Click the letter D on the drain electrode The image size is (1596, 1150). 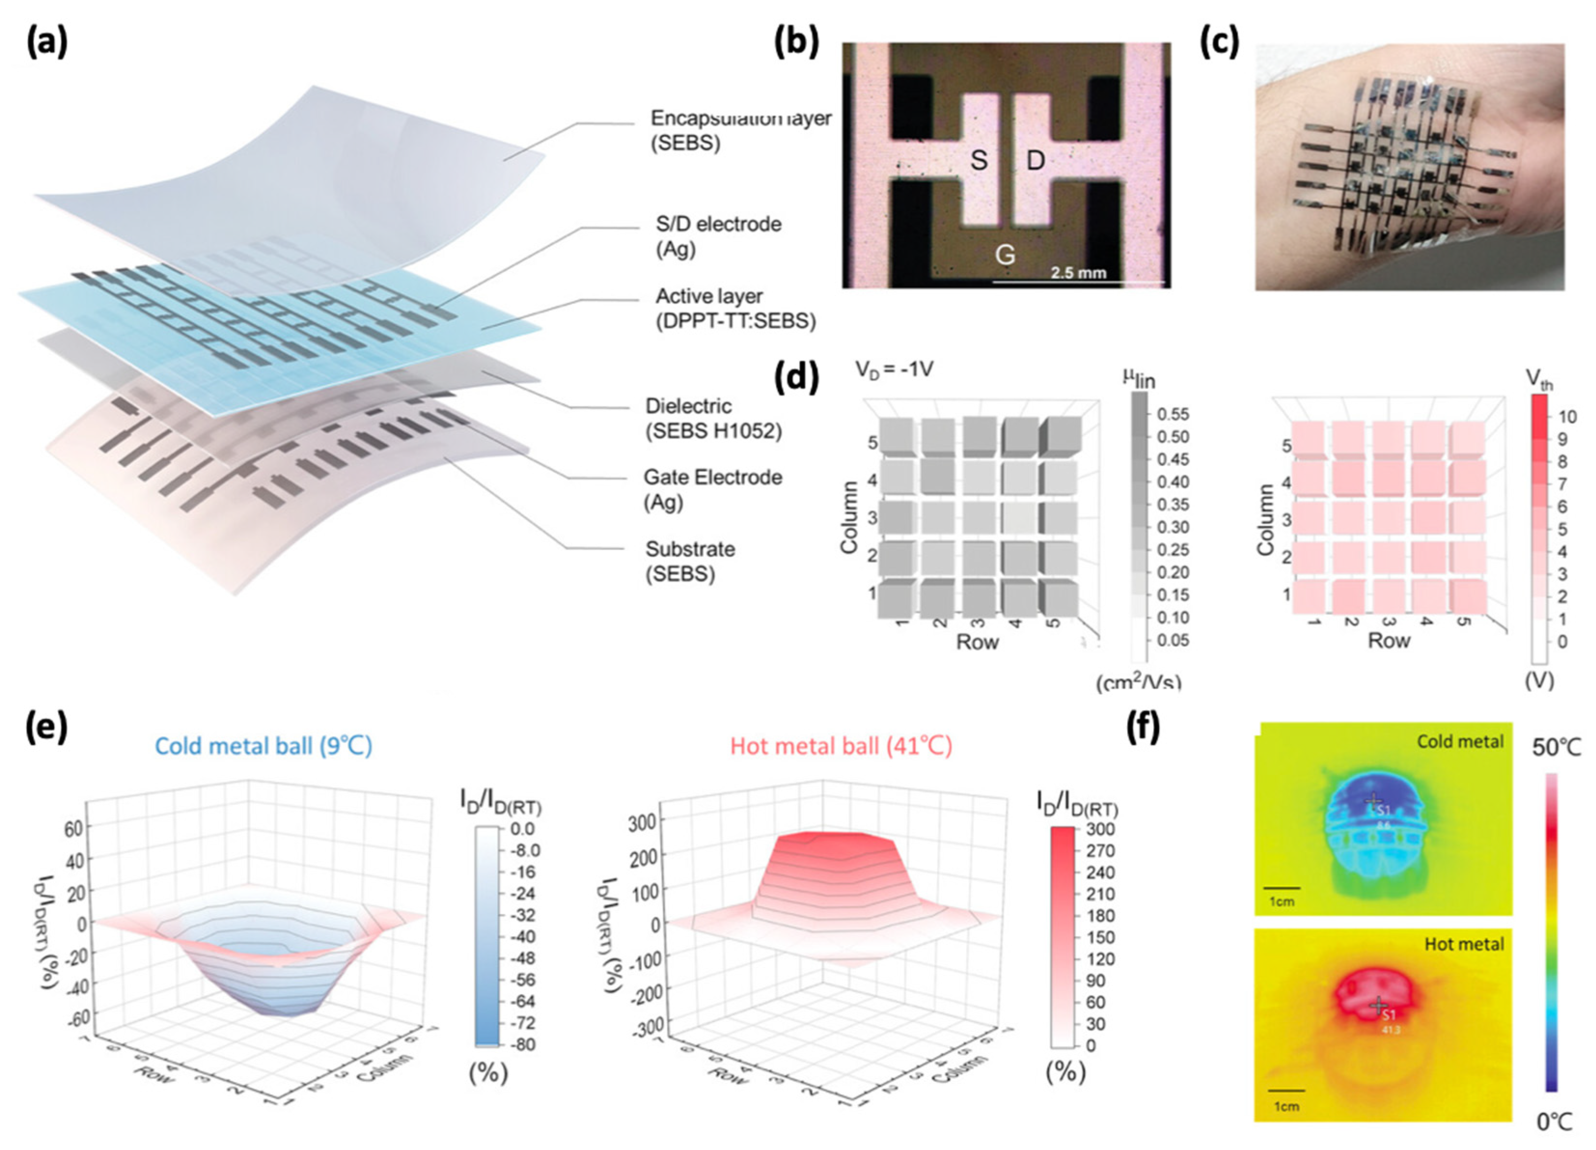(1035, 161)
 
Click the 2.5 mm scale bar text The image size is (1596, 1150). (1078, 272)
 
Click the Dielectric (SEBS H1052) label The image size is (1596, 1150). (713, 418)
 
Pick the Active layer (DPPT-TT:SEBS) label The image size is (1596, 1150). (735, 308)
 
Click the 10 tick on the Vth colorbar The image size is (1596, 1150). (1567, 416)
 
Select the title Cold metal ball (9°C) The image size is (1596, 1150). (263, 745)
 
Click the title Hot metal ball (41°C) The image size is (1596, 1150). (841, 745)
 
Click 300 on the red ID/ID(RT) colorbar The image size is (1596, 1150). (1101, 829)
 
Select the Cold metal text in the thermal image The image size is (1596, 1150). (1459, 741)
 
